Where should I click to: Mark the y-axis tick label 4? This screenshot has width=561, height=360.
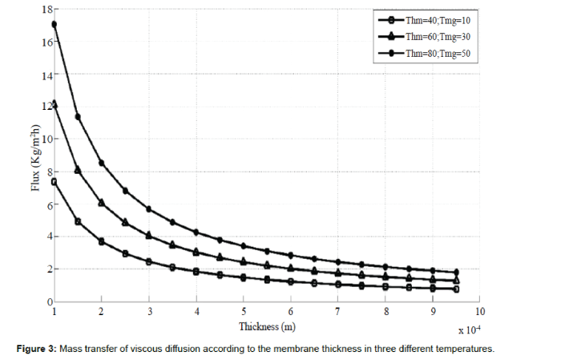(46, 237)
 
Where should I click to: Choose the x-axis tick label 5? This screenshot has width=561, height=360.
(244, 311)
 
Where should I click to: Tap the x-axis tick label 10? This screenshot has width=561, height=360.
(479, 311)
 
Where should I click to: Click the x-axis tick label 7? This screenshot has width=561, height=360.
(338, 311)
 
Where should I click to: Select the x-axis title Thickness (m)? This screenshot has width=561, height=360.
(268, 326)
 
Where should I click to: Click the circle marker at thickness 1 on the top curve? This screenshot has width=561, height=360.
(54, 24)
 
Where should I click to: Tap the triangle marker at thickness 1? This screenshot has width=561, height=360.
(54, 103)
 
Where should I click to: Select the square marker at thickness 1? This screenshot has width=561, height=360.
(54, 182)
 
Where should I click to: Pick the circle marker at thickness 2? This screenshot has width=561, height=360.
(102, 163)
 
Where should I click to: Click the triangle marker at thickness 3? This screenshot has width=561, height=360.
(149, 235)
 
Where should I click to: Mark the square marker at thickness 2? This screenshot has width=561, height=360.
(102, 241)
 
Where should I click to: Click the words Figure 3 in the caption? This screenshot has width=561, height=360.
(36, 349)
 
